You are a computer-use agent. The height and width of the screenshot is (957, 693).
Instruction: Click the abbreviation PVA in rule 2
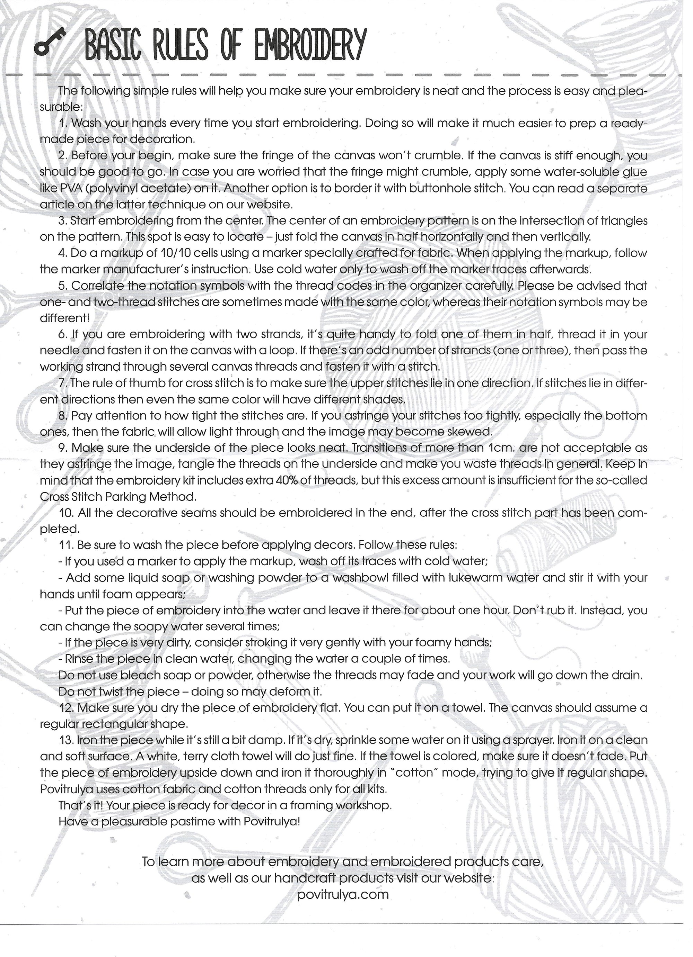click(61, 188)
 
